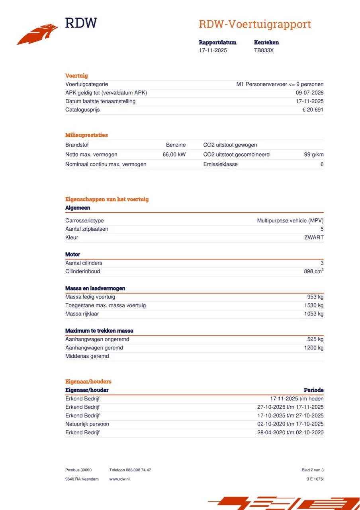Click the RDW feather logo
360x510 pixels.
(x=37, y=34)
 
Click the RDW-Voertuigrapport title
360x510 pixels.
(x=255, y=24)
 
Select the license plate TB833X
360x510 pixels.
(x=264, y=51)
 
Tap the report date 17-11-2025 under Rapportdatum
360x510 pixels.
(x=213, y=51)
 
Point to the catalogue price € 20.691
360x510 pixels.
(x=313, y=110)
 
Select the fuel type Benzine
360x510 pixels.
(x=176, y=145)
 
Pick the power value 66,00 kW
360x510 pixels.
(x=174, y=155)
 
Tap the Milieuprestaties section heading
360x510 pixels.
(x=86, y=135)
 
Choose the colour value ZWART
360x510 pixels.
(x=314, y=237)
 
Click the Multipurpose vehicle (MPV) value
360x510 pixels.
(x=290, y=220)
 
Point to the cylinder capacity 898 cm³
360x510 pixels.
(x=313, y=271)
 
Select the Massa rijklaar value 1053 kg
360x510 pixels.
(x=314, y=314)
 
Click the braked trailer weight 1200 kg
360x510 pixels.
(x=314, y=348)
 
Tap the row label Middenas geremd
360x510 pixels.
(x=87, y=356)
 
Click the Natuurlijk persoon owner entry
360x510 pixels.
(x=87, y=424)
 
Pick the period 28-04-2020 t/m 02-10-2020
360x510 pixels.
(x=290, y=432)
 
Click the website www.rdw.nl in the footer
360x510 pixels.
(x=119, y=479)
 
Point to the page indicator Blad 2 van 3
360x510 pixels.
(x=313, y=470)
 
